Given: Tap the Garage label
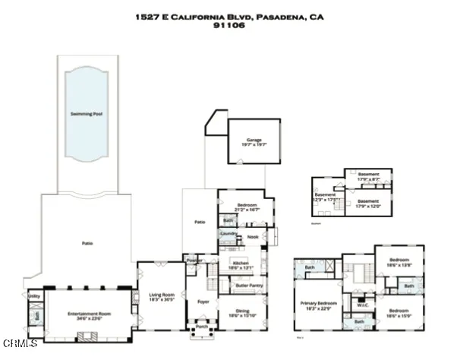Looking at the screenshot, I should click(253, 140).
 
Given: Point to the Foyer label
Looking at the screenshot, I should click(203, 302).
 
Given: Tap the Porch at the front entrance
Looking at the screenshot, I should click(202, 328).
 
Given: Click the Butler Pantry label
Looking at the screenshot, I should click(249, 286).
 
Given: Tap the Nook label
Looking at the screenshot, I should click(253, 237).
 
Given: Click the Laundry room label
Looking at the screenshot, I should click(228, 233).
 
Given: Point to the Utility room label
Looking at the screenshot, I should click(34, 296).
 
